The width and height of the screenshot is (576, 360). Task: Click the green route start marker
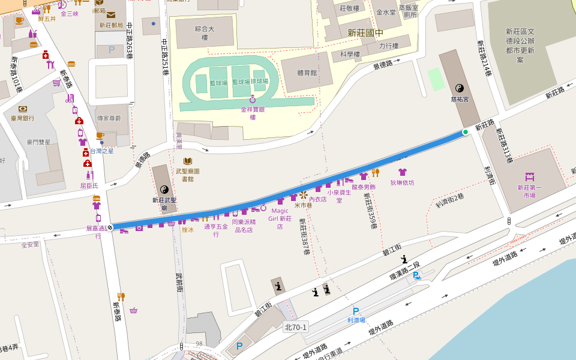pyautogui.click(x=465, y=132)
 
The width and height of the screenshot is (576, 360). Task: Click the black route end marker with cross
pyautogui.click(x=110, y=227)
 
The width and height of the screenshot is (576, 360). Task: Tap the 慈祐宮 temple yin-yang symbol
pyautogui.click(x=460, y=88)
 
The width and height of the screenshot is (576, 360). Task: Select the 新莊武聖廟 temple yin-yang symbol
pyautogui.click(x=164, y=189)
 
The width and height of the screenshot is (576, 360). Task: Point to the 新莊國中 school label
pyautogui.click(x=365, y=33)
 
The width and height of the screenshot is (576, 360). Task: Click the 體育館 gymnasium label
pyautogui.click(x=307, y=73)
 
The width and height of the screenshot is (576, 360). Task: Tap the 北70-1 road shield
pyautogui.click(x=296, y=327)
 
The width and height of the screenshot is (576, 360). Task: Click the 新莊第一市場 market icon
pyautogui.click(x=529, y=177)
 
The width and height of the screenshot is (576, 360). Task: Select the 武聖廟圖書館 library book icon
pyautogui.click(x=188, y=161)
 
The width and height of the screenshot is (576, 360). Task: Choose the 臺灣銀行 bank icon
pyautogui.click(x=23, y=109)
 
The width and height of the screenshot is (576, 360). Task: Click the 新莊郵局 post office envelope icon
pyautogui.click(x=111, y=15)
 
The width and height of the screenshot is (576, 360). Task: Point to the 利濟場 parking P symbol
pyautogui.click(x=356, y=311)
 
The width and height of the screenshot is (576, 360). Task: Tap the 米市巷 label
pyautogui.click(x=303, y=205)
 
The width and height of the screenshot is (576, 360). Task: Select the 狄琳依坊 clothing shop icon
pyautogui.click(x=403, y=172)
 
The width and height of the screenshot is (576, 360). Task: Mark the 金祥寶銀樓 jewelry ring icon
pyautogui.click(x=253, y=99)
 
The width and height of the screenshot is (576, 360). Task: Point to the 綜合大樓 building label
pyautogui.click(x=205, y=32)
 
